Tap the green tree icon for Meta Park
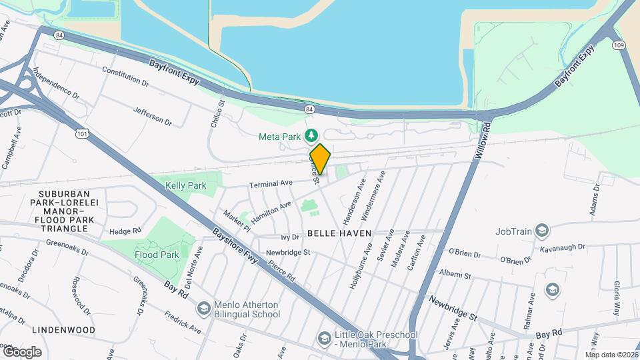[x=311, y=137]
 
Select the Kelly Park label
[x=185, y=186]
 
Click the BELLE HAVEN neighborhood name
[x=339, y=234]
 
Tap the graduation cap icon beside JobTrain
[x=542, y=231]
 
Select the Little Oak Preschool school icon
[x=324, y=338]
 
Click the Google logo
[x=22, y=351]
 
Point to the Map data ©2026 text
[x=611, y=355]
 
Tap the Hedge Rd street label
[x=125, y=231]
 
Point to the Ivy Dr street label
[x=291, y=237]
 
